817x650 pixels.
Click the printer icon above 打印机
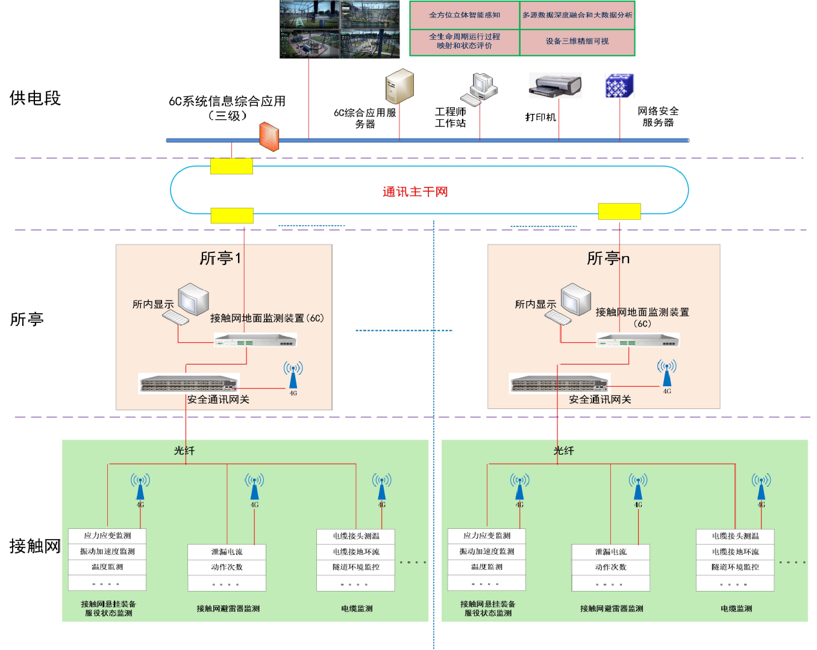[x=555, y=86]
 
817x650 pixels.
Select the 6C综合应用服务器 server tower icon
[x=399, y=86]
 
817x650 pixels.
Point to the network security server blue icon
[x=619, y=86]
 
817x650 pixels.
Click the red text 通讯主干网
[x=415, y=192]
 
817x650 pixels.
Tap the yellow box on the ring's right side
[x=619, y=211]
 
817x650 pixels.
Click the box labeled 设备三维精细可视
[x=577, y=42]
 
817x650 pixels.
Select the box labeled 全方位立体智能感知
[x=465, y=15]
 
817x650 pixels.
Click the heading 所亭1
[x=221, y=258]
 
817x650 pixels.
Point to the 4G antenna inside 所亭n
[x=666, y=373]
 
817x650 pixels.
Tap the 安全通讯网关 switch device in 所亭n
[x=560, y=383]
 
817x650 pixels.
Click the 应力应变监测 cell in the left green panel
[x=107, y=536]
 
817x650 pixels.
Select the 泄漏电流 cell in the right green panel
[x=610, y=552]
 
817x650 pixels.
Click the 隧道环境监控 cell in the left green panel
[x=356, y=567]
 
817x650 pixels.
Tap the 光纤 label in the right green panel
[x=564, y=451]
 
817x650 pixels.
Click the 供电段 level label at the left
[x=35, y=98]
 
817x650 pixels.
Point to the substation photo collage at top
[x=339, y=30]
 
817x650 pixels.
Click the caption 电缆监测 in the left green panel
[x=357, y=608]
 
